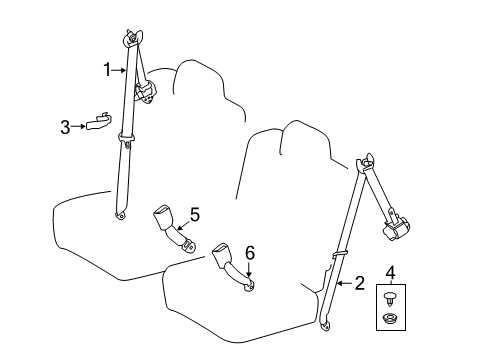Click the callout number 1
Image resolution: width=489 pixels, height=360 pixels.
106,68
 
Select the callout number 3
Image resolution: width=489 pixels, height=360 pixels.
65,126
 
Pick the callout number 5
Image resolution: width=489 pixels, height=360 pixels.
194,213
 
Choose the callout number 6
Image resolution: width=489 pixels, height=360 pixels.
250,253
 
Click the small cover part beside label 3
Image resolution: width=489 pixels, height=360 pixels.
98,122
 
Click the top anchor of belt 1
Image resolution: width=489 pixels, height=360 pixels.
130,39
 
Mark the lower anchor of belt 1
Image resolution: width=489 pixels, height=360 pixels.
121,212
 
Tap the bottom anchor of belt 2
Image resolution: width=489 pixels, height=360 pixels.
325,322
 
